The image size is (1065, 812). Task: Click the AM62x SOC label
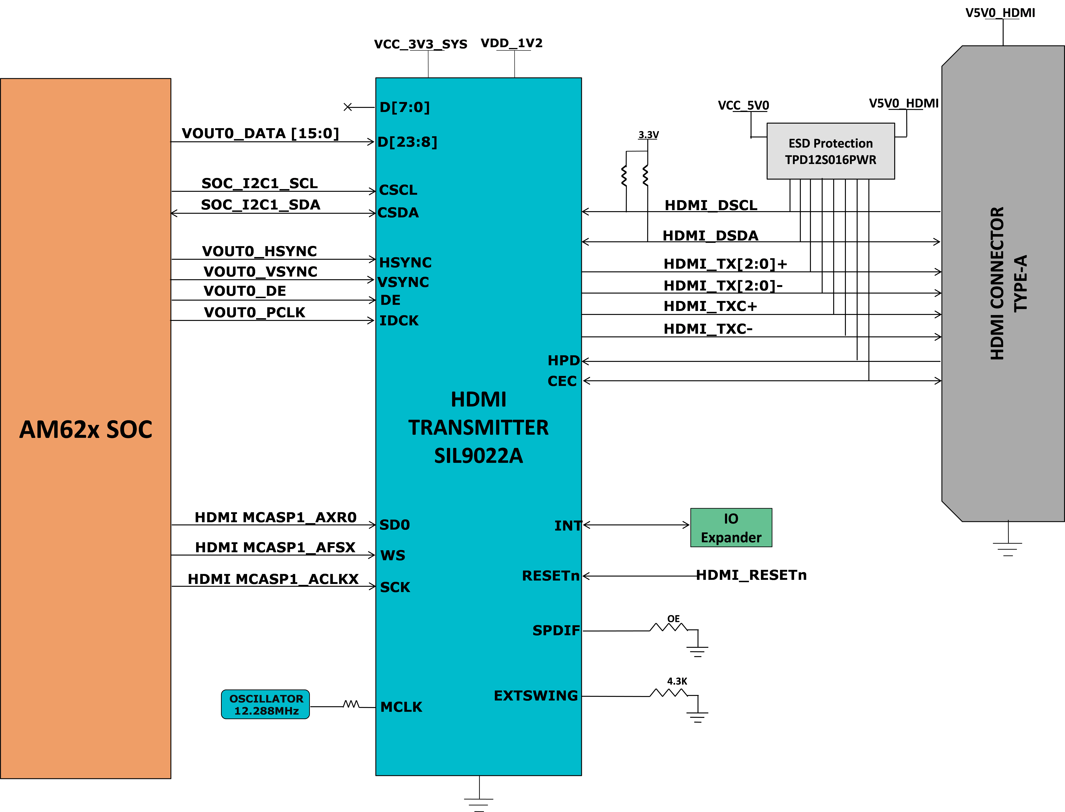pyautogui.click(x=86, y=429)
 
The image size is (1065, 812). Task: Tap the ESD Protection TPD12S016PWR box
pyautogui.click(x=830, y=151)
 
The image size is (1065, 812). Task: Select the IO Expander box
pyautogui.click(x=731, y=528)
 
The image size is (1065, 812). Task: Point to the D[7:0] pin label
pyautogui.click(x=404, y=107)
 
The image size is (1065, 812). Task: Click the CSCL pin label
pyautogui.click(x=398, y=190)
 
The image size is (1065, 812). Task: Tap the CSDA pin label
pyautogui.click(x=398, y=213)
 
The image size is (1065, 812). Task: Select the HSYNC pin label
pyautogui.click(x=405, y=262)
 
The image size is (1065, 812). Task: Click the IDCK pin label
pyautogui.click(x=399, y=320)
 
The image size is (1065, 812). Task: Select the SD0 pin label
pyautogui.click(x=394, y=525)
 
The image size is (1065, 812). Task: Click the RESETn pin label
pyautogui.click(x=550, y=576)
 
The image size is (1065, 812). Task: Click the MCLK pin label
pyautogui.click(x=401, y=707)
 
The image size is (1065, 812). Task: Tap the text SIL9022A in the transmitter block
pyautogui.click(x=478, y=456)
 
